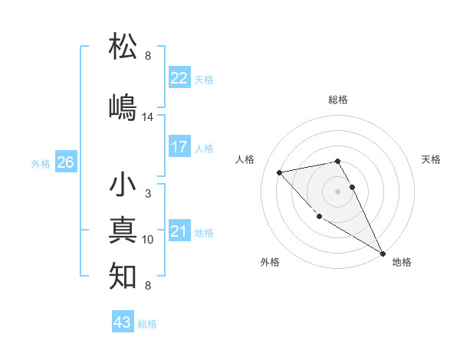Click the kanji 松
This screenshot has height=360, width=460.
coord(124,47)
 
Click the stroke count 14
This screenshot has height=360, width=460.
coord(148,117)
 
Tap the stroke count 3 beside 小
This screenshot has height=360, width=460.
coord(148,194)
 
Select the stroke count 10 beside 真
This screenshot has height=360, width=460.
coord(148,240)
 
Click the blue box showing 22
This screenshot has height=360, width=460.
coord(179,78)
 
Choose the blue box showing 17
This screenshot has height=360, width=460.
coord(179,147)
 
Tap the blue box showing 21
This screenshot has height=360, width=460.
coord(179,232)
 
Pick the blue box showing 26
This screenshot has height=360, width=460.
coord(66,162)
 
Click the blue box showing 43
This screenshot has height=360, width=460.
coord(123,322)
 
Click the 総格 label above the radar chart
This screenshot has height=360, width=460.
coord(338,100)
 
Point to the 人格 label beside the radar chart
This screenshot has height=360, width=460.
coord(245,159)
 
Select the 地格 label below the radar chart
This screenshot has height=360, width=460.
coord(402,262)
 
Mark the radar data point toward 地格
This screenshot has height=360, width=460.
coord(383,254)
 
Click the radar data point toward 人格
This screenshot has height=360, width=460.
coord(280,172)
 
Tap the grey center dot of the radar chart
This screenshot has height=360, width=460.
coord(338,191)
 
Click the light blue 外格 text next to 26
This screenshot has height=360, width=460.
coord(41,163)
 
